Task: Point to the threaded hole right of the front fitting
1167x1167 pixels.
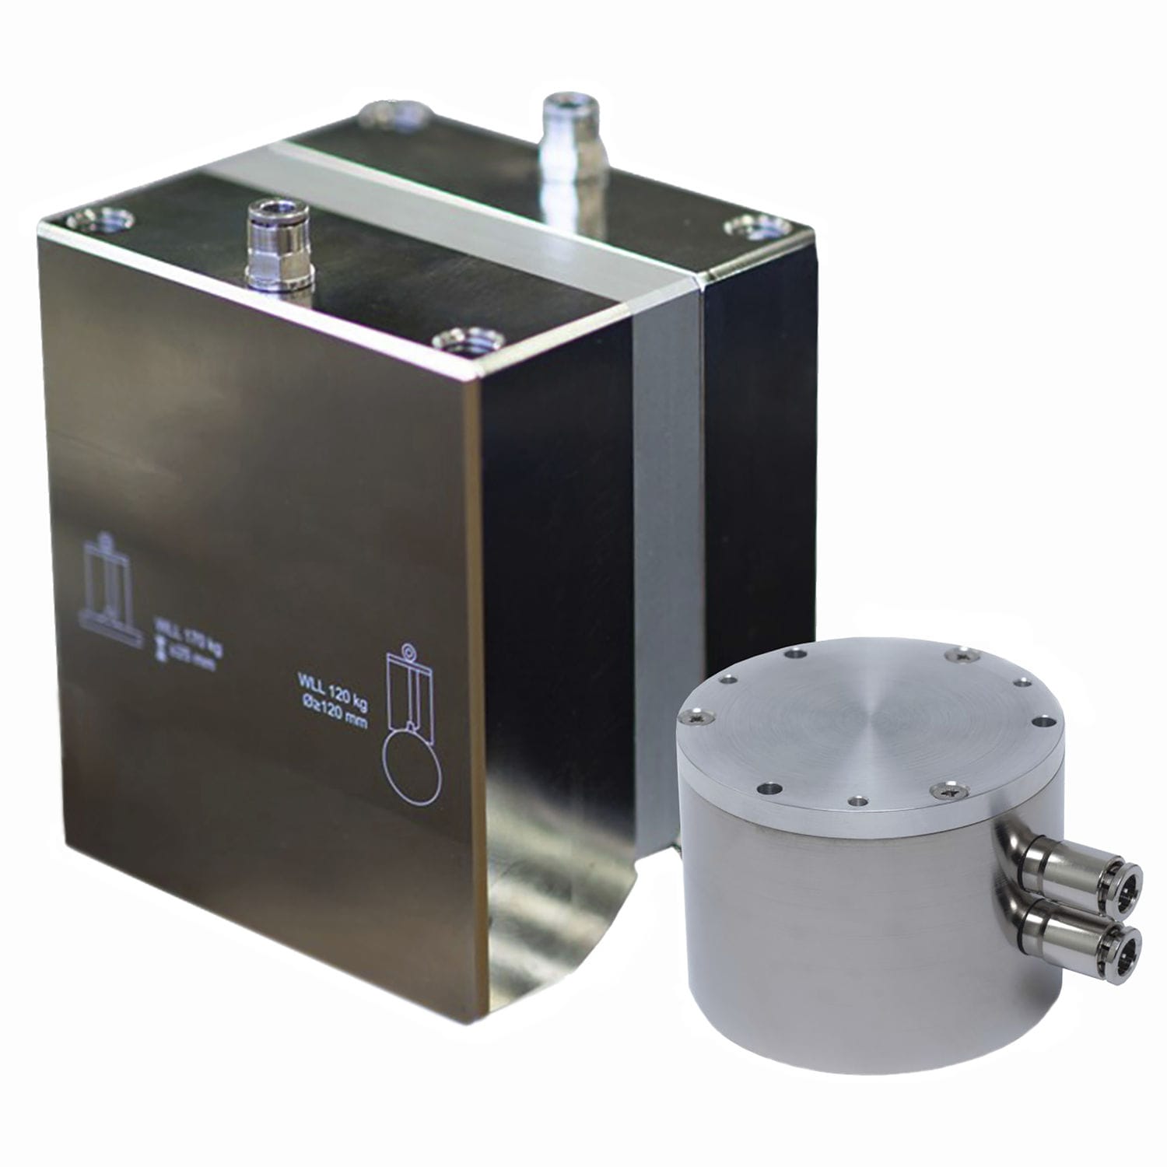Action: tap(464, 340)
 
